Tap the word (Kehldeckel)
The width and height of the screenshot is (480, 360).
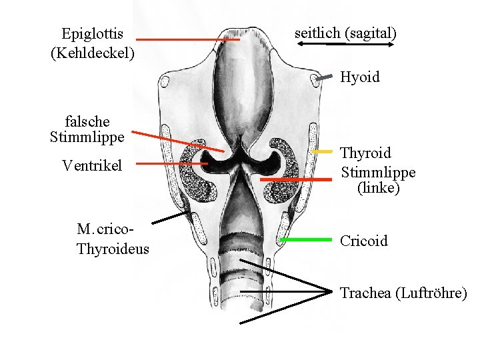coord(92,52)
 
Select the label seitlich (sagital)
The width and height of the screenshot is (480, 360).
coord(345,32)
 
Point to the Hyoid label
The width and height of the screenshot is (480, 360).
coord(360,77)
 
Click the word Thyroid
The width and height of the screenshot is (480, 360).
coord(366,154)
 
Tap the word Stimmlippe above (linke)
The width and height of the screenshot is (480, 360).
coord(378,173)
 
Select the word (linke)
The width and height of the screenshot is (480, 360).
coord(378,189)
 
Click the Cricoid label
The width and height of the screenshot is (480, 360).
coord(363,241)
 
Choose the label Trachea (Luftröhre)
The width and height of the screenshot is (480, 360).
coord(403,293)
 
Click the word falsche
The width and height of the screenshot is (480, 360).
coord(88,121)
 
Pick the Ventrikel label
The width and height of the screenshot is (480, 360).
coord(92,165)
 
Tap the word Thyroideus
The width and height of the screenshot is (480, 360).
coord(113,249)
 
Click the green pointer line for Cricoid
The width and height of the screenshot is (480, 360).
coord(305,239)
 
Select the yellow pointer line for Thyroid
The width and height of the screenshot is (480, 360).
coord(321,152)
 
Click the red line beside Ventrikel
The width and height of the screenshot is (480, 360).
coord(173,163)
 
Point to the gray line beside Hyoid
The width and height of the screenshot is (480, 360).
coord(324,78)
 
